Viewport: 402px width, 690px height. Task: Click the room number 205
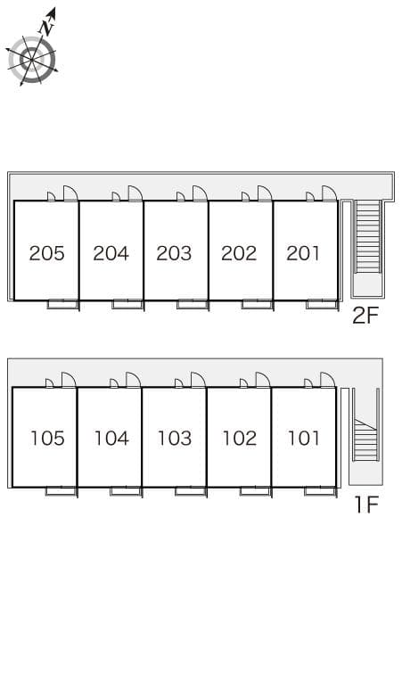(46, 253)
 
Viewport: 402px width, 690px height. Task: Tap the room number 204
(111, 253)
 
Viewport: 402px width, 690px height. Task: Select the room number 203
(174, 253)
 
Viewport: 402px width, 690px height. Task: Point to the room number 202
(239, 253)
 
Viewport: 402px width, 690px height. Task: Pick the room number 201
(303, 253)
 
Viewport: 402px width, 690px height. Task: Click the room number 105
(47, 439)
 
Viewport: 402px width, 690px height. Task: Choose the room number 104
(111, 439)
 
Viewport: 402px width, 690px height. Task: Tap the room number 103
(175, 439)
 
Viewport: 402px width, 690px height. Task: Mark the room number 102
(240, 439)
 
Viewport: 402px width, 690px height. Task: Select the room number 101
(303, 439)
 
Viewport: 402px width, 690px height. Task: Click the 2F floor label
(365, 315)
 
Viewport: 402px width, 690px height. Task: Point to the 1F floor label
(367, 505)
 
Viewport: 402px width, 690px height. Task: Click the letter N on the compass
(46, 29)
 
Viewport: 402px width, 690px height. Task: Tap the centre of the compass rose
(32, 60)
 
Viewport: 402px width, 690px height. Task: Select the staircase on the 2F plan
(368, 236)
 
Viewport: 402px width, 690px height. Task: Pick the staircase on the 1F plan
(366, 439)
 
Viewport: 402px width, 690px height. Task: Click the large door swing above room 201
(330, 193)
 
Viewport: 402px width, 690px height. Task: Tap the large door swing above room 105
(69, 380)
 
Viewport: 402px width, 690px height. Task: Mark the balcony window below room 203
(193, 305)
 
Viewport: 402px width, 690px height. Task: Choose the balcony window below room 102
(256, 491)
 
